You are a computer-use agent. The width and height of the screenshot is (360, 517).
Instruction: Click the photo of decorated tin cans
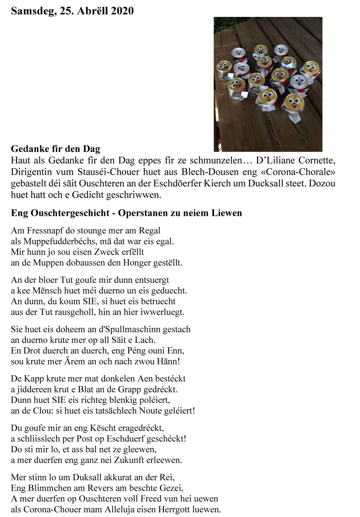[268, 84]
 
